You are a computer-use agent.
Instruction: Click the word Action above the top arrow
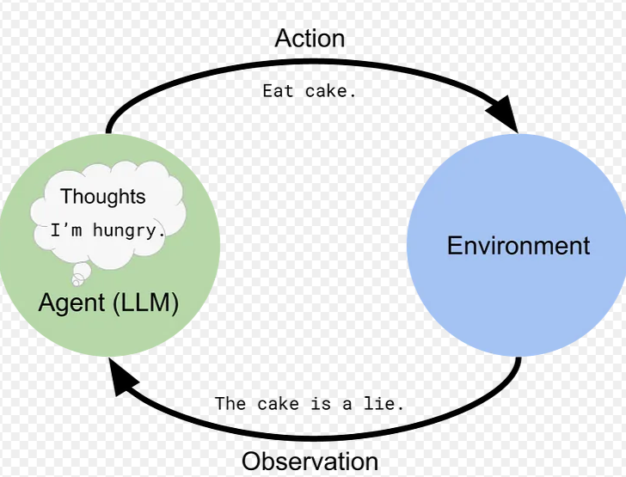[310, 39]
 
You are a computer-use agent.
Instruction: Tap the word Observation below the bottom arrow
[310, 462]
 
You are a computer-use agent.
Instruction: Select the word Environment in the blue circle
[519, 246]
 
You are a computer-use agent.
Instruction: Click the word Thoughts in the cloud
[103, 197]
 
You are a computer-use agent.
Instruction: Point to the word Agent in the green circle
[71, 303]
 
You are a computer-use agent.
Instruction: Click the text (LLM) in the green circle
[145, 303]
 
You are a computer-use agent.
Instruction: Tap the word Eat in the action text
[278, 91]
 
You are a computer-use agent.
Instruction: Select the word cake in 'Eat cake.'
[326, 91]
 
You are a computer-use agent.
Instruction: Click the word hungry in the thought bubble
[124, 230]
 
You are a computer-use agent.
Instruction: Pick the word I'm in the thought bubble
[66, 230]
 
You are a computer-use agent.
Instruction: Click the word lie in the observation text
[379, 404]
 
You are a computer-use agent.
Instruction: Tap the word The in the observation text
[230, 404]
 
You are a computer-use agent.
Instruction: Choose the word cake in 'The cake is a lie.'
[278, 404]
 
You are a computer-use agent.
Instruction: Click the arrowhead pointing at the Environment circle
[505, 113]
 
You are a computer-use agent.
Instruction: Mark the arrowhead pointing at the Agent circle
[121, 377]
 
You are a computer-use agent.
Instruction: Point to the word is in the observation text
[321, 404]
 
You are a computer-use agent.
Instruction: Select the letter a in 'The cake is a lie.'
[347, 405]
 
